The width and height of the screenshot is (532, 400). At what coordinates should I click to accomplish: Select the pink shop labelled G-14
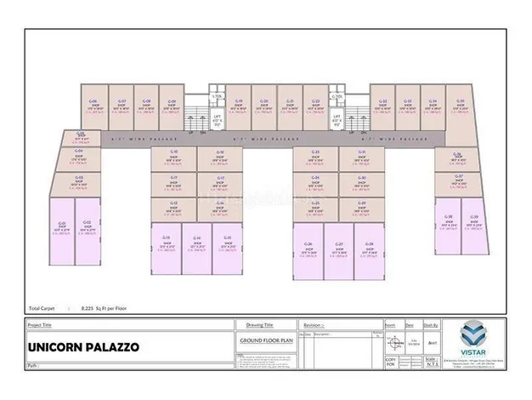pos(196,248)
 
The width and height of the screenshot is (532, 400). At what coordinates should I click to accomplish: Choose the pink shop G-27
pos(339,252)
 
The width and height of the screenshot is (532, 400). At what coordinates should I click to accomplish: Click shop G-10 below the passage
pos(174,157)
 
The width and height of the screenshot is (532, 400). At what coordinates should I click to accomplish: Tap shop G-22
pos(315,106)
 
